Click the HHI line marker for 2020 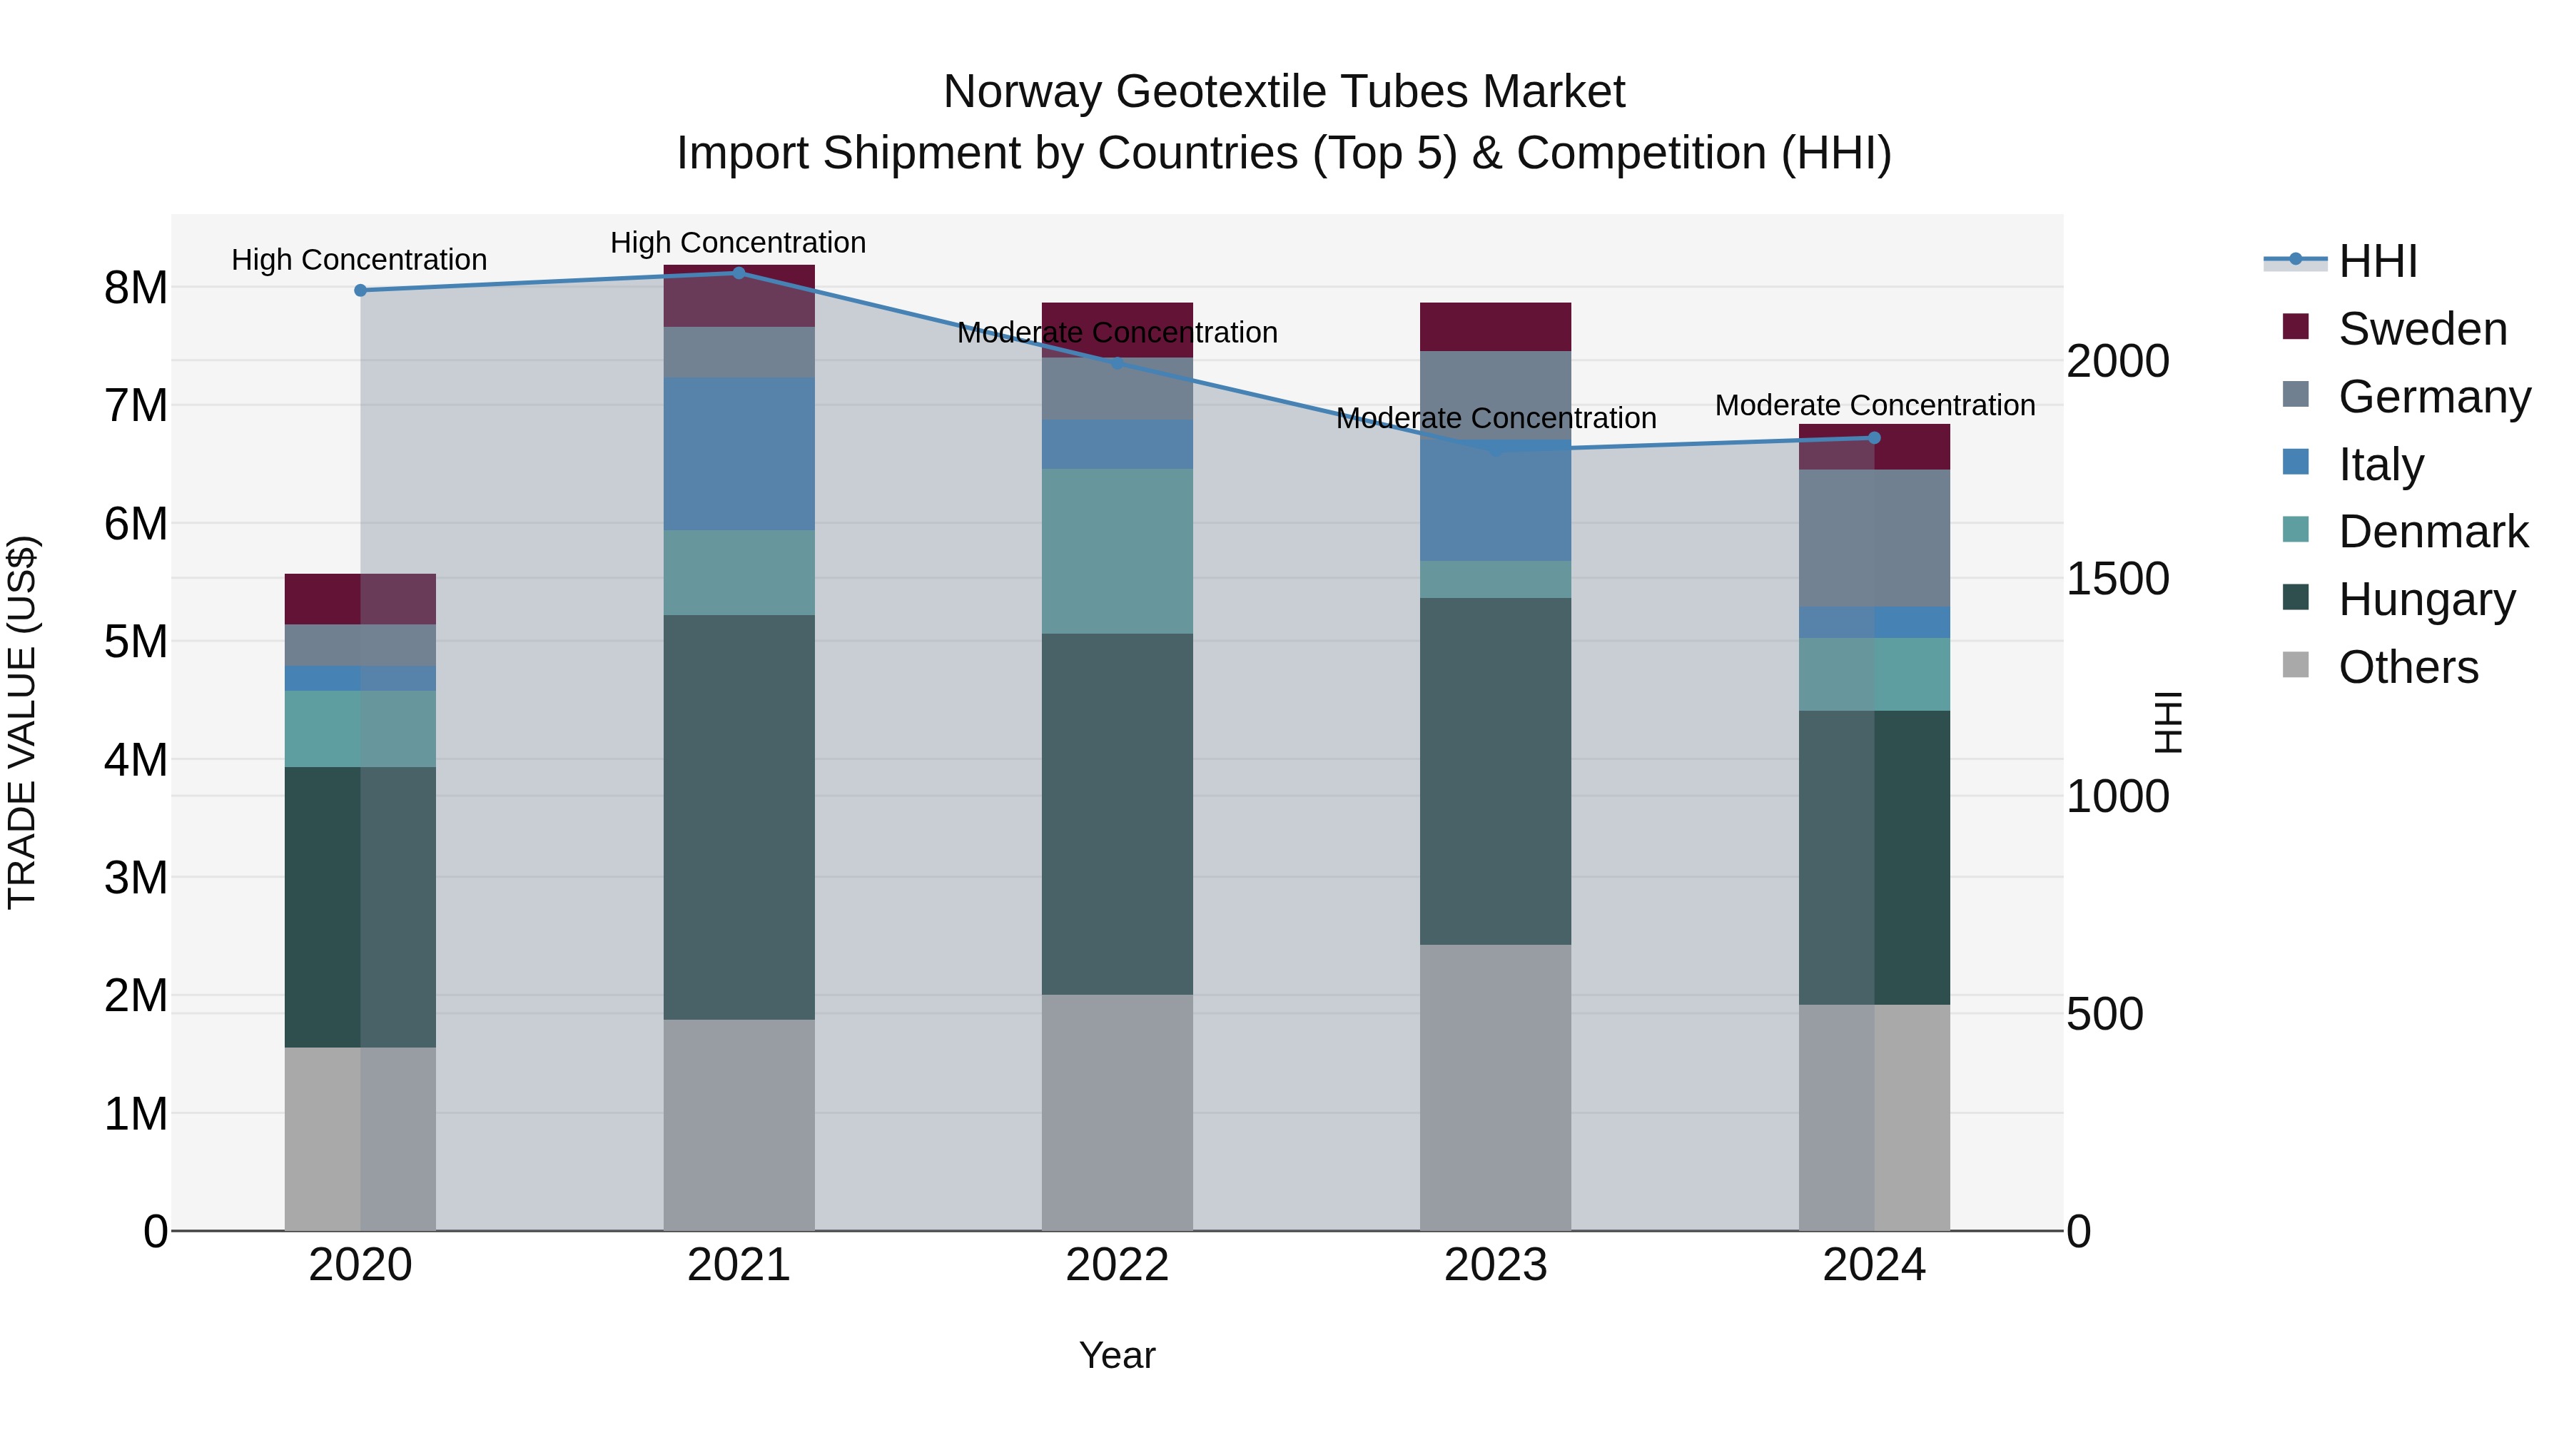(361, 290)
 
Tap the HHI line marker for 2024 (1874, 438)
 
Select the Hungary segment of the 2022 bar (1117, 813)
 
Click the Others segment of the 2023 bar (1495, 1087)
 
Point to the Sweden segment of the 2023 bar (1495, 326)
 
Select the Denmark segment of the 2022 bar (1117, 550)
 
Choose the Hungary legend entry (2426, 599)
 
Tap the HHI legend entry (2378, 261)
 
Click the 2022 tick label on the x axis (1117, 1265)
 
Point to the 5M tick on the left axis (136, 642)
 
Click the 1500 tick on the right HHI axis (2117, 579)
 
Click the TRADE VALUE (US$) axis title (22, 722)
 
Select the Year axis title (1117, 1355)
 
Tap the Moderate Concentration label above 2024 (1874, 406)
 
